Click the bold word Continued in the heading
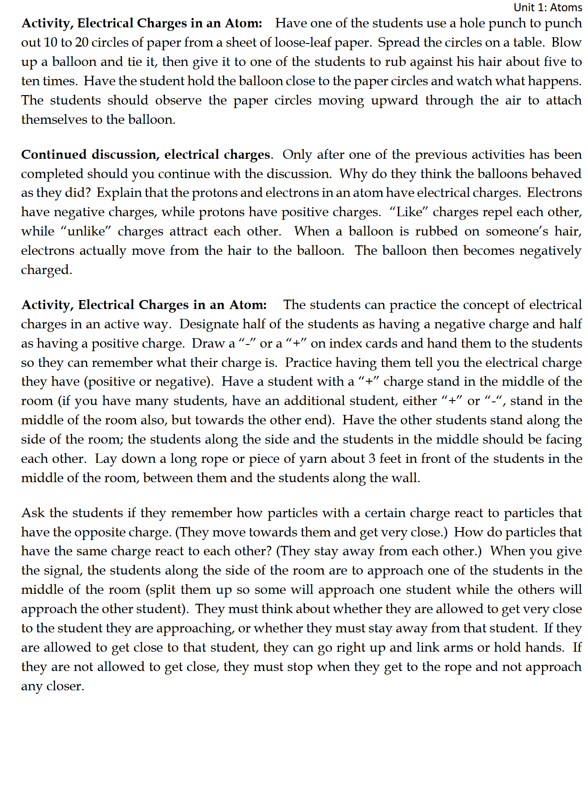point(54,154)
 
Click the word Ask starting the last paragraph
point(33,513)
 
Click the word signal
point(62,571)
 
